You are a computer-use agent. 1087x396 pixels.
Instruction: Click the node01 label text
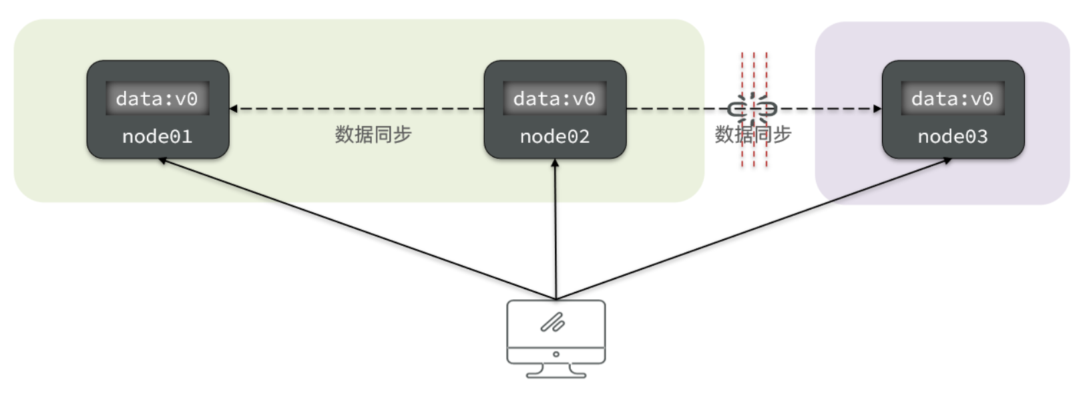(x=157, y=137)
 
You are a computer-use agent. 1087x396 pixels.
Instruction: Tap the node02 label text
(x=555, y=137)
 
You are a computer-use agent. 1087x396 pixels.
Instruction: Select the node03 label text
(x=952, y=137)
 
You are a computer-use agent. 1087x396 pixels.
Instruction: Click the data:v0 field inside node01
(x=157, y=99)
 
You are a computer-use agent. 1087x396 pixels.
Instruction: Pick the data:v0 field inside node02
(x=554, y=99)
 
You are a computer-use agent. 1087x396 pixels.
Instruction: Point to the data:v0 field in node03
(x=952, y=99)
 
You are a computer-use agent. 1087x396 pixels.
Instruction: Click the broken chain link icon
(x=752, y=108)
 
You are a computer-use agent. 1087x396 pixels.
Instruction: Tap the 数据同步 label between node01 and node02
(x=373, y=135)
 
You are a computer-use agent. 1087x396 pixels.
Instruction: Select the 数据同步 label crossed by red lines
(x=752, y=135)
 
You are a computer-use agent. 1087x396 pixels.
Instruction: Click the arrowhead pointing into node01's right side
(x=234, y=108)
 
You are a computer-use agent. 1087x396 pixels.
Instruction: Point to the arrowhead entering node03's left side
(x=877, y=108)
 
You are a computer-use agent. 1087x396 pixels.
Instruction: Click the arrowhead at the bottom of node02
(x=555, y=163)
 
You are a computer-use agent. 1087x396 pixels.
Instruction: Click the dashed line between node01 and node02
(x=361, y=108)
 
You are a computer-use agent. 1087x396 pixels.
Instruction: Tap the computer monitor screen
(x=556, y=323)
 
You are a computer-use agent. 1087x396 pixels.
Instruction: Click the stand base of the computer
(x=556, y=375)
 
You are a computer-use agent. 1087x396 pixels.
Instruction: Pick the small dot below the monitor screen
(x=556, y=355)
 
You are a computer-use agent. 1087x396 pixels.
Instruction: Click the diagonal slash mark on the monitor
(x=553, y=323)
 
